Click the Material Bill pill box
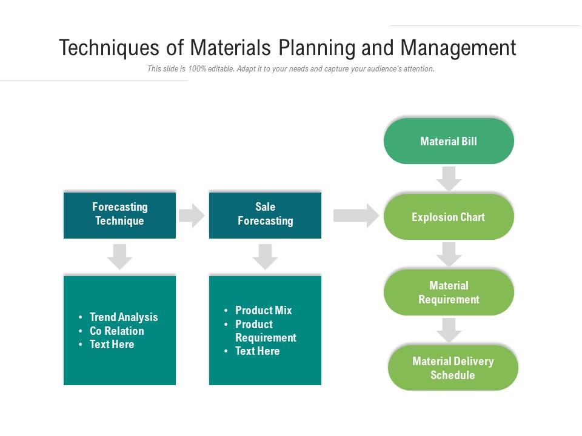coord(449,141)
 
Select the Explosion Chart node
coord(449,217)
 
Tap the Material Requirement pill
coord(449,292)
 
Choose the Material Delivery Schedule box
coord(453,368)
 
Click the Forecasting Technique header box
coord(119,214)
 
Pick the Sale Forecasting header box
coord(265,214)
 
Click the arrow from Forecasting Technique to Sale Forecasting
coord(192,216)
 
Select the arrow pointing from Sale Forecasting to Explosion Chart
coord(356,216)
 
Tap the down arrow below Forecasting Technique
coord(119,257)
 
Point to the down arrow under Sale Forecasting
coord(265,257)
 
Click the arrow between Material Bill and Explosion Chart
coord(449,179)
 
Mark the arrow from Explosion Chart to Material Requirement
coord(449,254)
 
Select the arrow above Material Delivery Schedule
coord(449,330)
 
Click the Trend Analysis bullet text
coord(124,317)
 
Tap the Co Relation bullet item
coord(117,331)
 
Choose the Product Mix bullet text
coord(264,310)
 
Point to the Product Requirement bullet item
coord(266,331)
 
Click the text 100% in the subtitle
coord(196,69)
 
